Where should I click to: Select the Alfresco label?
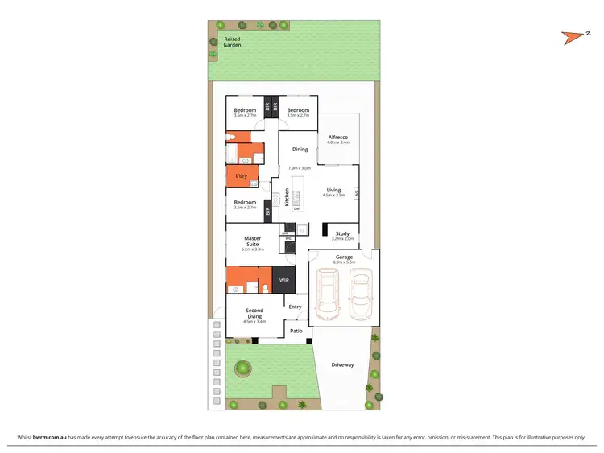pyautogui.click(x=338, y=138)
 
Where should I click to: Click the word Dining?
pyautogui.click(x=300, y=149)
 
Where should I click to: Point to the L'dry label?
pyautogui.click(x=241, y=176)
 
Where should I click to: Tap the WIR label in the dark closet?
pyautogui.click(x=284, y=280)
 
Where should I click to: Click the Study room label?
pyautogui.click(x=342, y=233)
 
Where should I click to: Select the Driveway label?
pyautogui.click(x=342, y=365)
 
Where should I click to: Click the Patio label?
pyautogui.click(x=296, y=331)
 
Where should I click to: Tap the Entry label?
pyautogui.click(x=295, y=307)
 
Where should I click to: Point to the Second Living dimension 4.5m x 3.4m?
pyautogui.click(x=254, y=322)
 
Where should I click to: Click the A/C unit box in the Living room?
pyautogui.click(x=356, y=193)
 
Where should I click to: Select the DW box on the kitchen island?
pyautogui.click(x=296, y=209)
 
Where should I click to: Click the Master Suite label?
pyautogui.click(x=253, y=241)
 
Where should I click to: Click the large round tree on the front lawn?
pyautogui.click(x=242, y=369)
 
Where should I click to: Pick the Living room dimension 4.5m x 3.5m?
pyautogui.click(x=333, y=196)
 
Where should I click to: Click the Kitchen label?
pyautogui.click(x=287, y=198)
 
